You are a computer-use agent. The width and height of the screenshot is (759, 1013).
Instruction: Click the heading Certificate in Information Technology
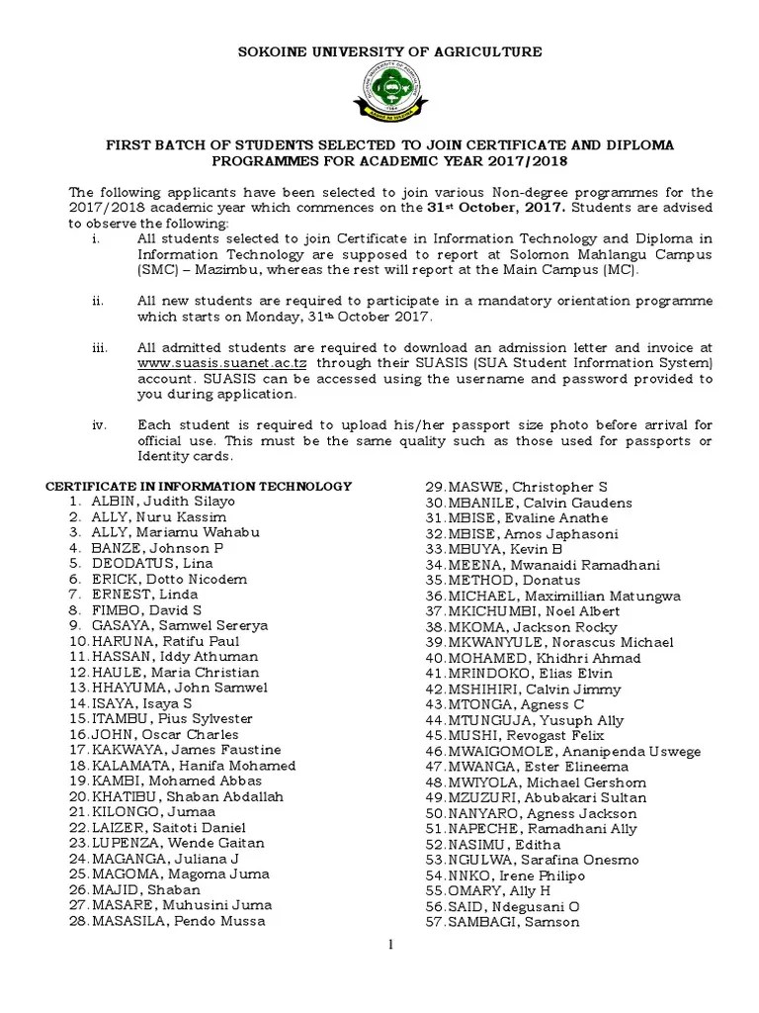point(201,486)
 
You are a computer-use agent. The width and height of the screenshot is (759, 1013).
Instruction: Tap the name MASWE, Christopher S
point(527,488)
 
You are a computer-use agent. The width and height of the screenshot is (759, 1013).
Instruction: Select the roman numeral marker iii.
point(99,347)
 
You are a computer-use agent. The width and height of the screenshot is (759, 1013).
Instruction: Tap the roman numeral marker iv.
point(99,424)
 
